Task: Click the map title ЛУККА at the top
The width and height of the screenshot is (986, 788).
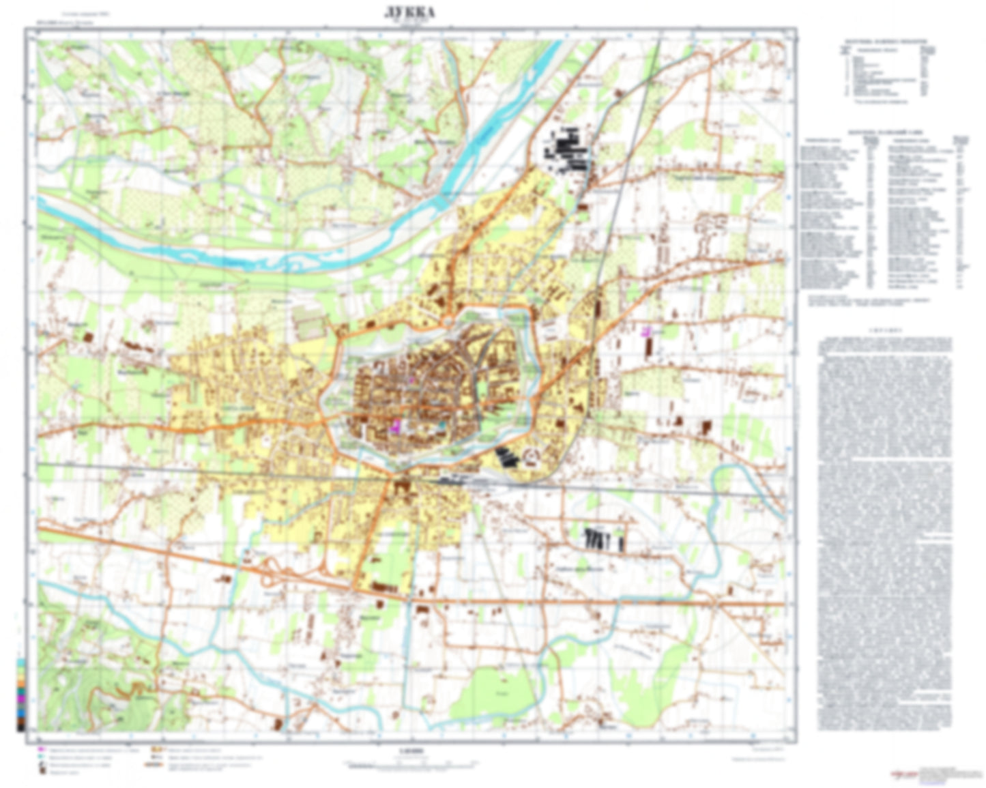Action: (410, 12)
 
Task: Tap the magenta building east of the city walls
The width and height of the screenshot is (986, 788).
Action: (646, 331)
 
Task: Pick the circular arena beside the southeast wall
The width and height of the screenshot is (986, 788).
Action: (530, 456)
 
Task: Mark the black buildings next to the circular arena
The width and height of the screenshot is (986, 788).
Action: (506, 456)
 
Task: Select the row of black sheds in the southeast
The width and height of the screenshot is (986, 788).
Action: (605, 539)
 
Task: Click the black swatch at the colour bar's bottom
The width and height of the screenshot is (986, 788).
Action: (20, 727)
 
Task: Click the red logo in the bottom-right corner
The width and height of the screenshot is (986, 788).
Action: (904, 774)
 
